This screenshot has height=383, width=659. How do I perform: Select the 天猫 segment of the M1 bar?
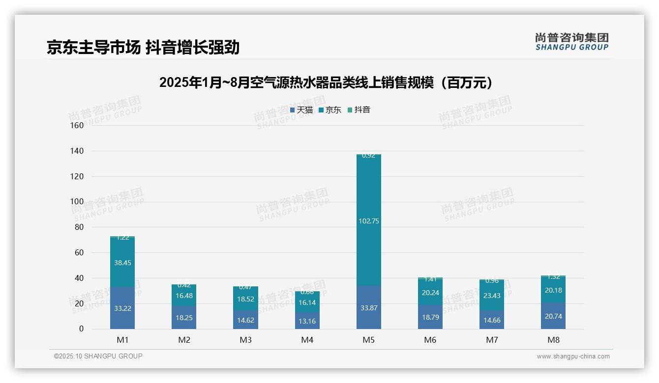pyautogui.click(x=122, y=308)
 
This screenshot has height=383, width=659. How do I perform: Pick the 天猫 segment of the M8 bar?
pyautogui.click(x=553, y=316)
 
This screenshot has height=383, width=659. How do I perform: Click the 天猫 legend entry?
pyautogui.click(x=301, y=110)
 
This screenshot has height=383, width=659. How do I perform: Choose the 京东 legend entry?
pyautogui.click(x=330, y=110)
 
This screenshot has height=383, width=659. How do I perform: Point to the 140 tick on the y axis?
pyautogui.click(x=77, y=151)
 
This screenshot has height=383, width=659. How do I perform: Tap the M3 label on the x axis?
pyautogui.click(x=245, y=340)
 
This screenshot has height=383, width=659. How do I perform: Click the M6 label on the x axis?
pyautogui.click(x=430, y=340)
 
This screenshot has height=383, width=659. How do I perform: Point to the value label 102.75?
pyautogui.click(x=368, y=221)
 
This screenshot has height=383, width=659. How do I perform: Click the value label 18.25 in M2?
pyautogui.click(x=184, y=318)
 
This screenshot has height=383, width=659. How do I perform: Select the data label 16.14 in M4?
pyautogui.click(x=307, y=303)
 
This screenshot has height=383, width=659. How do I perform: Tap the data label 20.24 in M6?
pyautogui.click(x=430, y=293)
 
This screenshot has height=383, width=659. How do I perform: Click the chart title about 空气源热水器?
pyautogui.click(x=326, y=82)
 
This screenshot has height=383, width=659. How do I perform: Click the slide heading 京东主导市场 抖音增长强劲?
pyautogui.click(x=143, y=48)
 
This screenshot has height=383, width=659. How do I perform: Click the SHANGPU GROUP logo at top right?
pyautogui.click(x=572, y=42)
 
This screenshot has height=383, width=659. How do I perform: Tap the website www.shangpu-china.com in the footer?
pyautogui.click(x=573, y=356)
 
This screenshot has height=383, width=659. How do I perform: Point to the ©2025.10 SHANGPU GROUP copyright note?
pyautogui.click(x=98, y=356)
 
